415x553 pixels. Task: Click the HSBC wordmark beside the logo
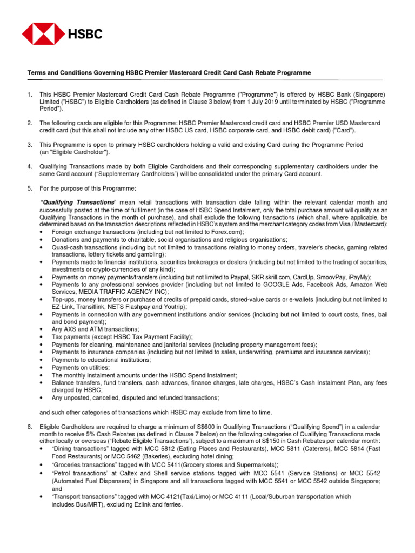[84, 35]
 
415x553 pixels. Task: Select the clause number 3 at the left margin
[30, 145]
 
